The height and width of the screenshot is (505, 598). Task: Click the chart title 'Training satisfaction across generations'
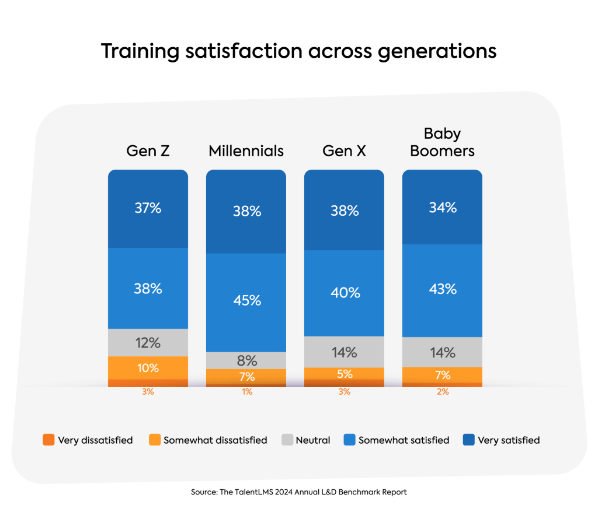[x=298, y=51]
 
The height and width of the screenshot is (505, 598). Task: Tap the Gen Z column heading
[x=148, y=151]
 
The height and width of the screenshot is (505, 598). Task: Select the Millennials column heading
[x=246, y=151]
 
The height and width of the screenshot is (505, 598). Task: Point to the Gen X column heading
[x=344, y=151]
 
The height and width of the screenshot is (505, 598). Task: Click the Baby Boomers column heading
[x=442, y=142]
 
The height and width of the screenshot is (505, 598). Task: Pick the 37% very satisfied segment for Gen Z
[x=148, y=208]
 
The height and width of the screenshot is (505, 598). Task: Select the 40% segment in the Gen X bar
[x=345, y=293]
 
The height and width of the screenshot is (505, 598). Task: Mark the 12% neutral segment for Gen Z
[x=148, y=342]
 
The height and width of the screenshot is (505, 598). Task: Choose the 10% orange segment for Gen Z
[x=148, y=368]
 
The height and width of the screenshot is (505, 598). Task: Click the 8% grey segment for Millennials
[x=246, y=360]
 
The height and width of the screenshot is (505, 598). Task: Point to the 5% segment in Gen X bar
[x=345, y=373]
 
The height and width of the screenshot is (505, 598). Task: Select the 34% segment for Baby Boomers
[x=442, y=207]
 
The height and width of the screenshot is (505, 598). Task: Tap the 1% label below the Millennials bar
[x=246, y=392]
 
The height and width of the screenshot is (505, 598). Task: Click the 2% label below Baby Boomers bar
[x=442, y=392]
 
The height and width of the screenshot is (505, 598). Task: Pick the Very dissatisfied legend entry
[x=88, y=440]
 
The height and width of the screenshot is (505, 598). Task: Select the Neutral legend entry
[x=305, y=440]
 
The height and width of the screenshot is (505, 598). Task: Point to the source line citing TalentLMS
[x=298, y=492]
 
